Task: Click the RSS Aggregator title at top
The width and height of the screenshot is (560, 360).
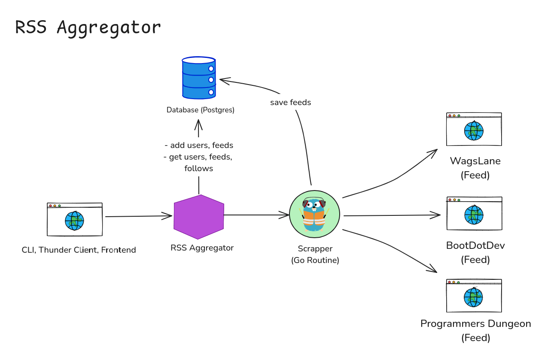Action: pos(88,27)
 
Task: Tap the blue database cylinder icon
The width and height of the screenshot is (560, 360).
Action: pos(198,78)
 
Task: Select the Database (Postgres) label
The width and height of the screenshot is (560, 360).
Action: pos(201,110)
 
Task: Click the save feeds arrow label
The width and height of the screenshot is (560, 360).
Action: pos(290,103)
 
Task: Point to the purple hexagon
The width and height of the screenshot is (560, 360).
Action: pos(199,217)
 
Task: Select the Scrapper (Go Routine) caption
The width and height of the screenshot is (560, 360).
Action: pos(315,254)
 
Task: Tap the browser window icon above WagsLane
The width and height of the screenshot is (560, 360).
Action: pos(474,130)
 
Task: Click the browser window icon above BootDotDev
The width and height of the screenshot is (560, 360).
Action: pos(474,214)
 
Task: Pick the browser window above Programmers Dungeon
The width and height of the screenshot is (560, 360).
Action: pos(474,296)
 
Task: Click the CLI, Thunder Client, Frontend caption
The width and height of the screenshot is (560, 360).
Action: pos(79,250)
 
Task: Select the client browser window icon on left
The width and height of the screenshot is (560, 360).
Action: pos(75,219)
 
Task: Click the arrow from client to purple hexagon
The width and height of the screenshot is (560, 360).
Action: pos(137,216)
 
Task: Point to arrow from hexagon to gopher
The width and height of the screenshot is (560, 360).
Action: pos(256,215)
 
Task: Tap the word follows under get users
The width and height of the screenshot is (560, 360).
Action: pos(198,169)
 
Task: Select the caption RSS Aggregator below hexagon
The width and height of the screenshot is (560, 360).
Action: pos(202,248)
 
